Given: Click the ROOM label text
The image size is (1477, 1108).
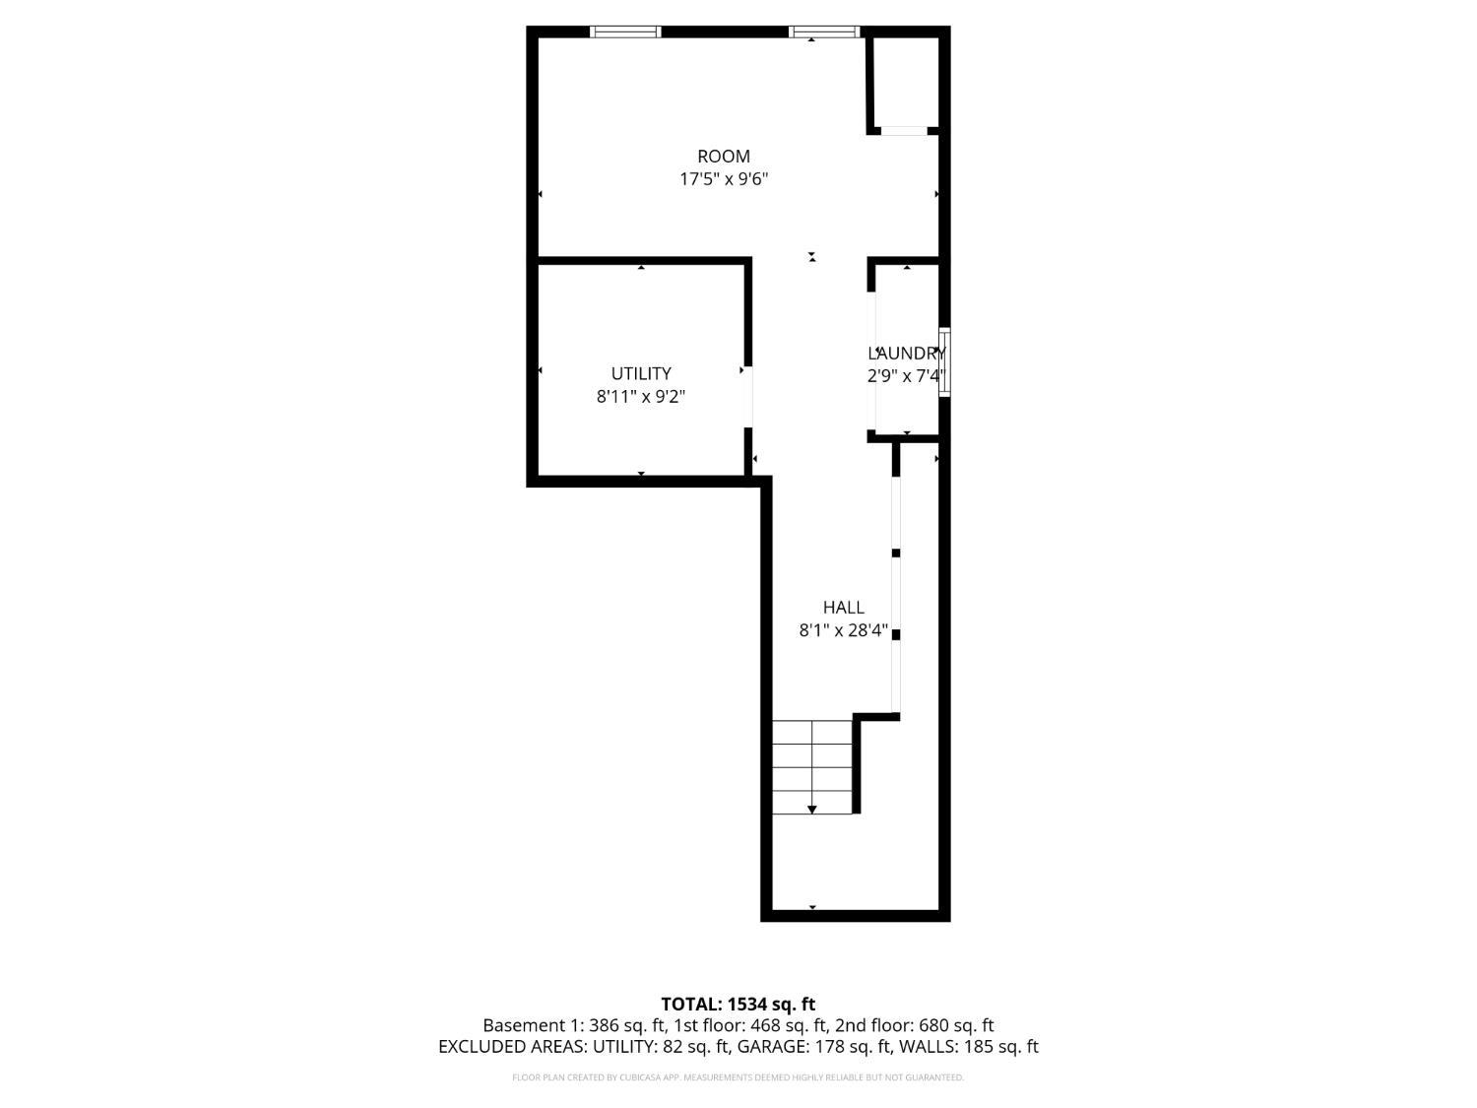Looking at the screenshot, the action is [x=724, y=156].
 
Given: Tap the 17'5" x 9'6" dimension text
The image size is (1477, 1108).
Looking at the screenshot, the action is [x=724, y=179].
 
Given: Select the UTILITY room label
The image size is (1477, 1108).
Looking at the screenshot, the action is [x=641, y=373].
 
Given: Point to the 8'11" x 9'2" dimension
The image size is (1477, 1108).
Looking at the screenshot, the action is [x=641, y=396].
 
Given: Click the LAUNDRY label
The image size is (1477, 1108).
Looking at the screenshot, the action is [x=907, y=354].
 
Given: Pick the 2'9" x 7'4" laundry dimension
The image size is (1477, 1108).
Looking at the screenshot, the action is [x=907, y=375].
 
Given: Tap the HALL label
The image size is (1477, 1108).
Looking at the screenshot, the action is [x=843, y=608].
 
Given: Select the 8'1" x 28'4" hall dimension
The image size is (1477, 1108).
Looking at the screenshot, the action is [x=843, y=630].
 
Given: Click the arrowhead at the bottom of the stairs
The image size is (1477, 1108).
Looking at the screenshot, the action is [x=812, y=810].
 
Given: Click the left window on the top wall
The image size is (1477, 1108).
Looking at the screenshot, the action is [x=626, y=32].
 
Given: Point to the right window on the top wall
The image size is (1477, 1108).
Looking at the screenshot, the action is [x=824, y=32].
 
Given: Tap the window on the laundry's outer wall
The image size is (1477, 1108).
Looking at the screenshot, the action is [x=944, y=361].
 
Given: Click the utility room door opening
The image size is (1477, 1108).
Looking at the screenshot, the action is [x=748, y=396].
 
